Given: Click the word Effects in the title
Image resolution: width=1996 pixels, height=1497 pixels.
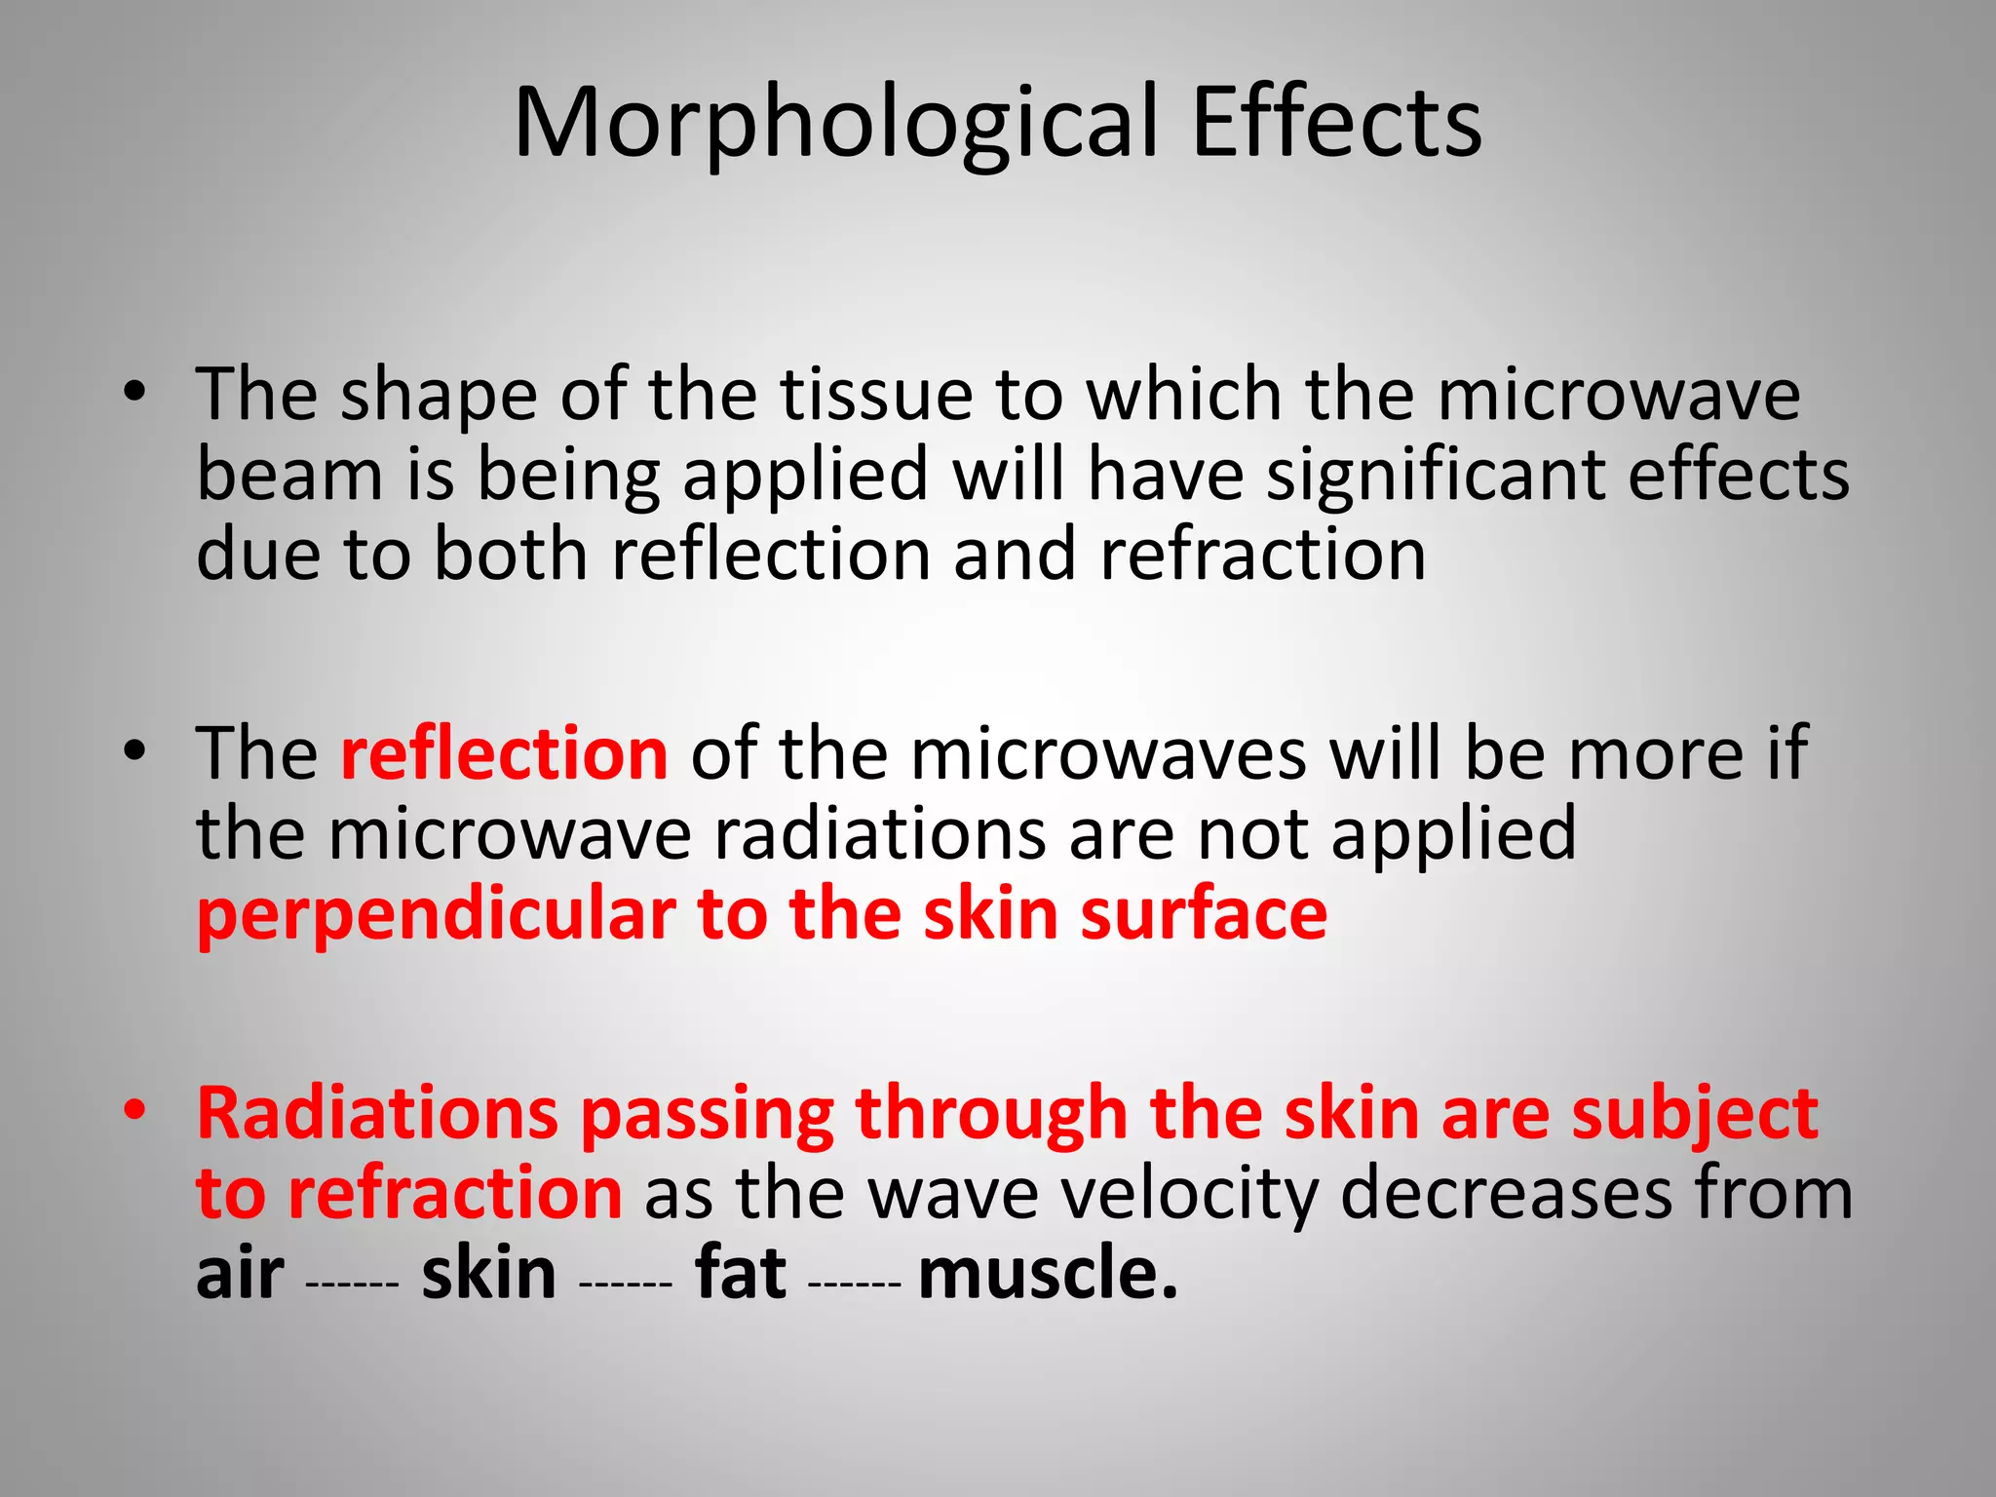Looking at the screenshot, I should (x=1336, y=123).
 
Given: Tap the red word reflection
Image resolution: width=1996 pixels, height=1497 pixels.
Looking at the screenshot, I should (x=504, y=753).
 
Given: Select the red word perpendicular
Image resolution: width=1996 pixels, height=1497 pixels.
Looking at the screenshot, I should (x=436, y=916).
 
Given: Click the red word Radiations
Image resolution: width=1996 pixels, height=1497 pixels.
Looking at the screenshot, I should (x=377, y=1113).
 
